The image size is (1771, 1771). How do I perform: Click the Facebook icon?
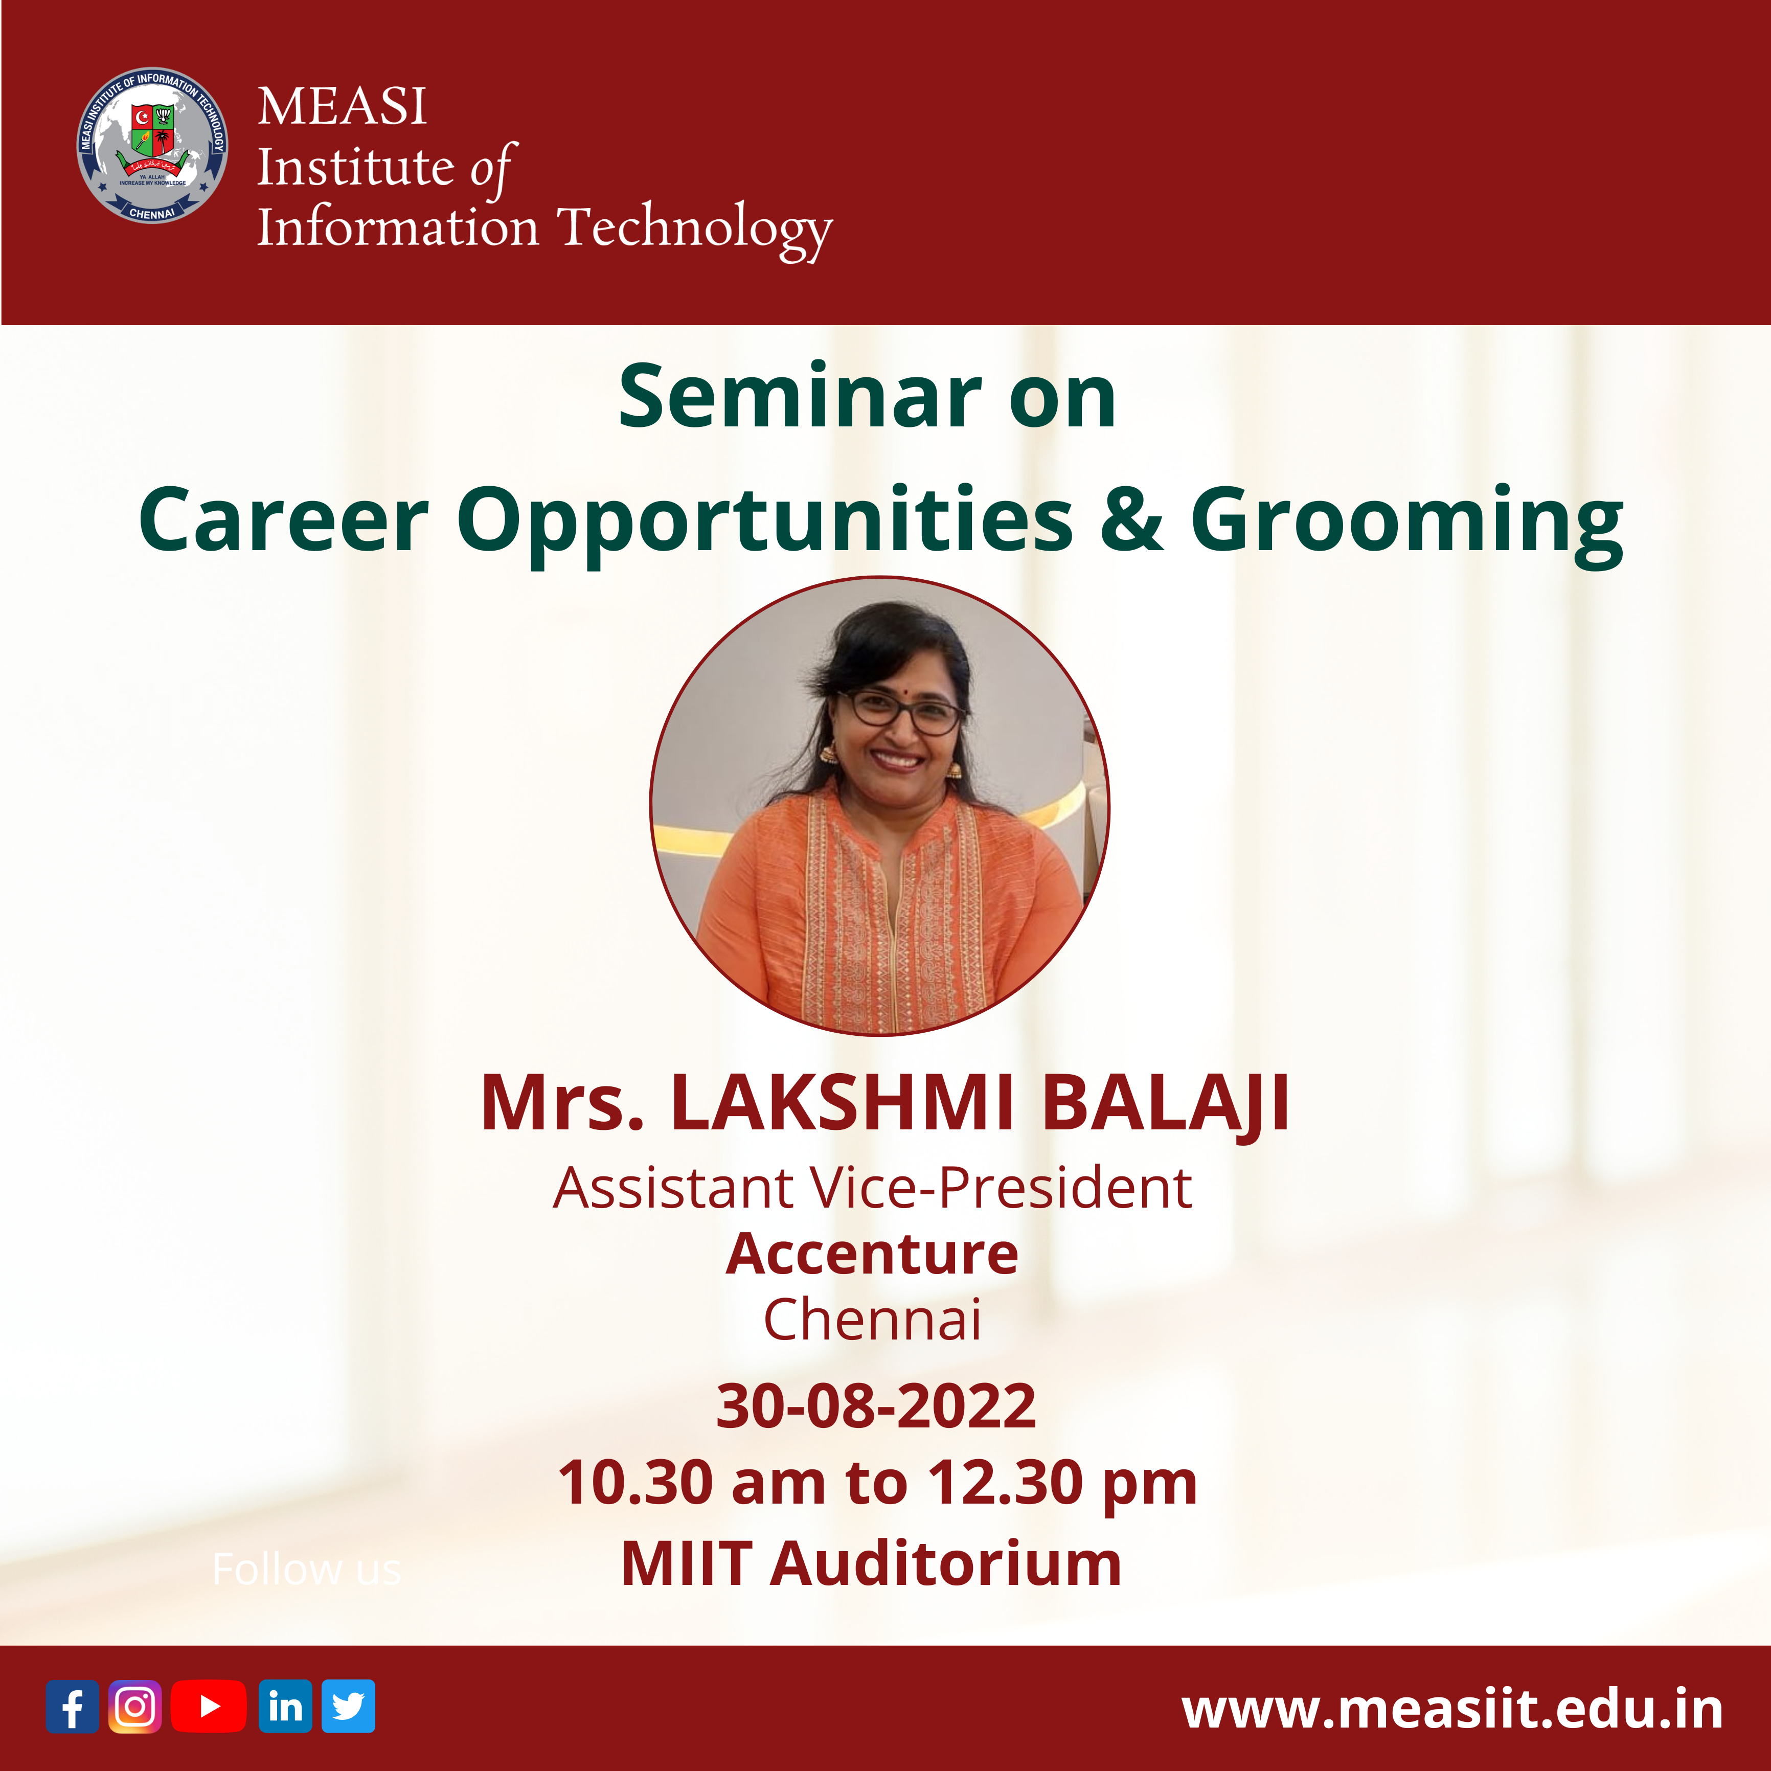[73, 1706]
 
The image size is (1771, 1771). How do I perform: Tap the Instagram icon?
[135, 1706]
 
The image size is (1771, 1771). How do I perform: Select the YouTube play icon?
[209, 1706]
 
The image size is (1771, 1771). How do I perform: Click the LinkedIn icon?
[285, 1706]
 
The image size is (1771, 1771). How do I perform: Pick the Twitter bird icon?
[348, 1706]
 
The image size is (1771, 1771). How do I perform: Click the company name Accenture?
[872, 1254]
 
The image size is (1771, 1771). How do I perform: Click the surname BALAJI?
[1166, 1104]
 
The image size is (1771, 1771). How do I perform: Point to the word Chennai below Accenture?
[872, 1320]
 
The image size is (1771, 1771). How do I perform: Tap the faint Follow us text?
[306, 1569]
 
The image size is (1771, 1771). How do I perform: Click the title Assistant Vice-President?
[872, 1188]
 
